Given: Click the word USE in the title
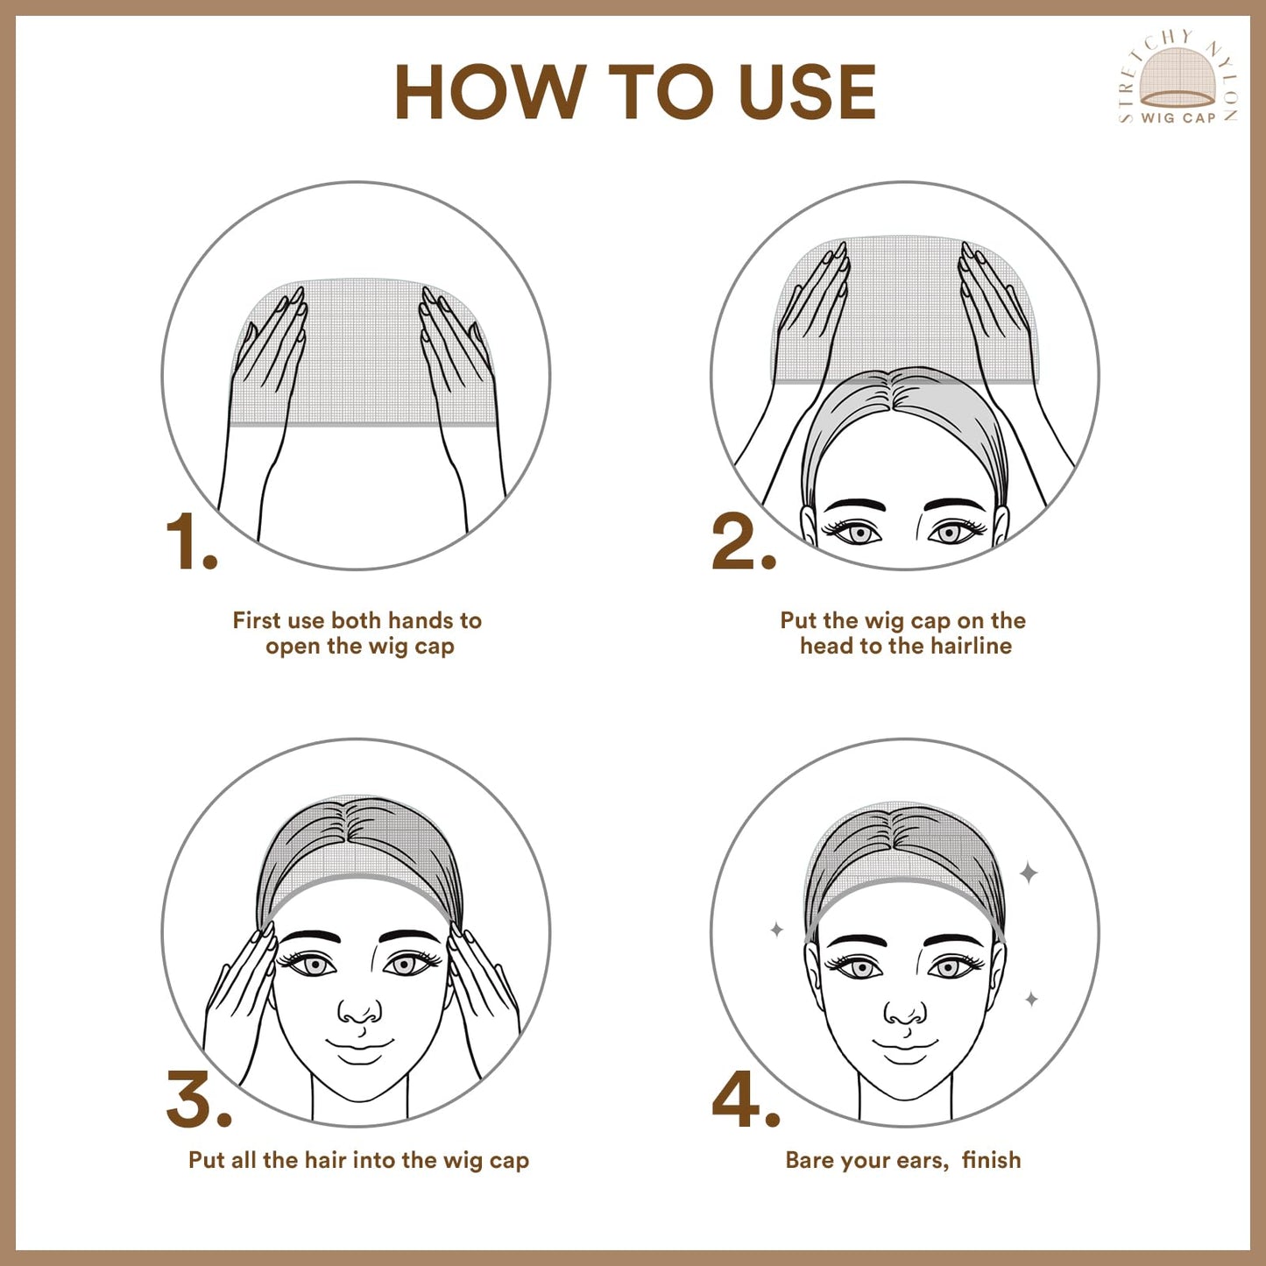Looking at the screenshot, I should point(807,92).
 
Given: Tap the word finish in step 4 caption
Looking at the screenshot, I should point(991,1160).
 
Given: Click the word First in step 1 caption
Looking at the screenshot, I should point(256,620).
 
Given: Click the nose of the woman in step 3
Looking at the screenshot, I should point(359,1012).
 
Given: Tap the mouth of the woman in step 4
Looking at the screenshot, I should point(905,1044).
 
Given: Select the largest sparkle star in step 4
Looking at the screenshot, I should point(1029,873).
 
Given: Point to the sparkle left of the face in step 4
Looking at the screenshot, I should point(776,930).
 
